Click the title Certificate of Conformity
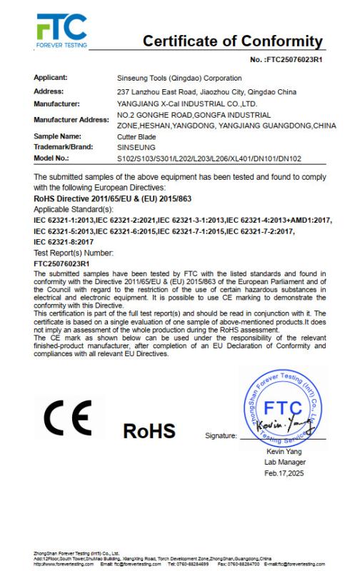click(233, 41)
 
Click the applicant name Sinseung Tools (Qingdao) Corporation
click(179, 77)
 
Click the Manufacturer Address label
click(71, 118)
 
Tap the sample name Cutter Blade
click(135, 135)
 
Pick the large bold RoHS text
click(149, 431)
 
